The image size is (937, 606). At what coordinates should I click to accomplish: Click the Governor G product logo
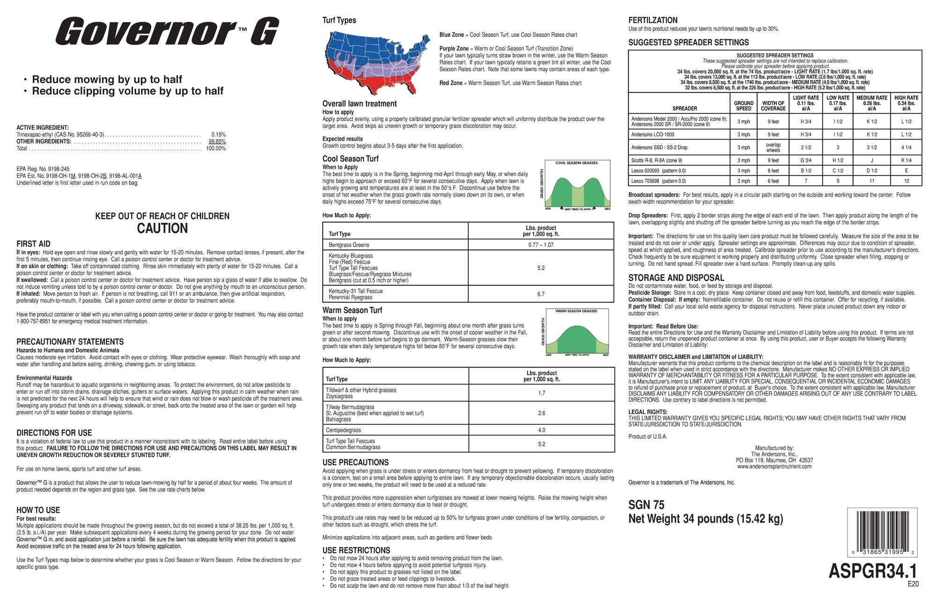tap(167, 31)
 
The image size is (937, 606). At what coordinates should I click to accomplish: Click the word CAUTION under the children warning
tap(162, 229)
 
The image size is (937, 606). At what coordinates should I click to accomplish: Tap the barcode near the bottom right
tap(882, 532)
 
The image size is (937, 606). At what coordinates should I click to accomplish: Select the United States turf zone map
tap(377, 63)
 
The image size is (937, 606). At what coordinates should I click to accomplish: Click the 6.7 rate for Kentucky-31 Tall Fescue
tap(541, 294)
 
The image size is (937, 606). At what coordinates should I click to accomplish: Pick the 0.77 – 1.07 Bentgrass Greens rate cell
tap(541, 245)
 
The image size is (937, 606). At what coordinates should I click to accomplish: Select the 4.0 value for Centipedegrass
tap(542, 430)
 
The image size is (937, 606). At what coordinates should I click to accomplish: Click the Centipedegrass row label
tap(343, 430)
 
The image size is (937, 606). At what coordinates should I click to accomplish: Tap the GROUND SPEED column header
tap(744, 106)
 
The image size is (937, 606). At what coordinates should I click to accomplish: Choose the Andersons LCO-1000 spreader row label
tap(653, 134)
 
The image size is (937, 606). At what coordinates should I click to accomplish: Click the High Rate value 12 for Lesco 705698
tap(906, 181)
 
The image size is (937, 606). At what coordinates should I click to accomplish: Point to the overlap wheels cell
tap(773, 148)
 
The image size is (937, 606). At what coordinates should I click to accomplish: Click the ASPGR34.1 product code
tap(873, 571)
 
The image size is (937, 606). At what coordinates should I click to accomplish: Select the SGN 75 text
tap(646, 505)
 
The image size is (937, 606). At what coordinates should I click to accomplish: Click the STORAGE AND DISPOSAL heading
tap(676, 278)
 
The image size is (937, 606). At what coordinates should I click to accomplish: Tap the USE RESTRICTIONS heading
tap(356, 550)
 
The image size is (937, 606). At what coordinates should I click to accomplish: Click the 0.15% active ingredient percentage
tap(218, 134)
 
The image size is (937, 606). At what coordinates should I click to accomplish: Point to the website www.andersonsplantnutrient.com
tap(774, 466)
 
